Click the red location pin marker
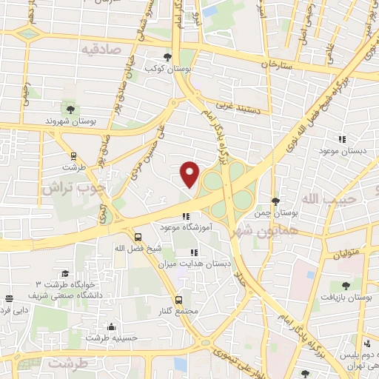tap(190, 173)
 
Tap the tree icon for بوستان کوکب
tap(169, 57)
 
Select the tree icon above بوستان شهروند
tap(71, 108)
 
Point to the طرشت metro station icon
tap(73, 156)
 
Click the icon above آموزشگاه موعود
tap(185, 217)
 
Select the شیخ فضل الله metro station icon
tap(138, 237)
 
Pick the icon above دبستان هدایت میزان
tap(194, 252)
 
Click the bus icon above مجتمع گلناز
tap(179, 300)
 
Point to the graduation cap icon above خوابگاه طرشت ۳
tap(65, 274)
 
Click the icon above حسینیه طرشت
tap(111, 326)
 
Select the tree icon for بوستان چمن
tap(275, 201)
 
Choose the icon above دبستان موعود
tap(342, 138)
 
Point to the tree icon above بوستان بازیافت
tap(346, 285)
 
